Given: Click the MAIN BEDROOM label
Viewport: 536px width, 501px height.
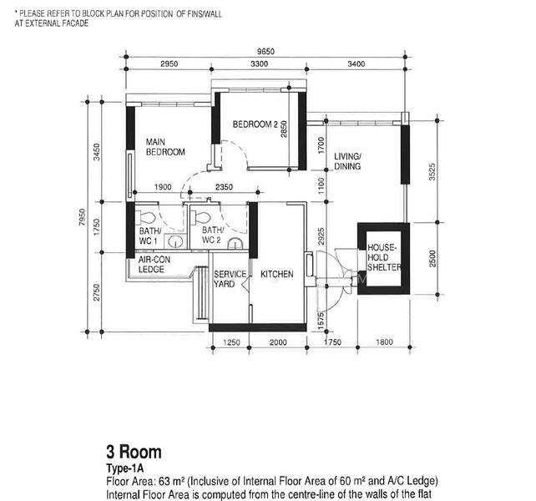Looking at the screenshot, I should pyautogui.click(x=165, y=147).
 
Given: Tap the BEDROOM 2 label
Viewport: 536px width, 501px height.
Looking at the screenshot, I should pyautogui.click(x=255, y=124).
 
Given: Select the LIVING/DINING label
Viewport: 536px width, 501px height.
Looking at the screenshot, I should pyautogui.click(x=347, y=162).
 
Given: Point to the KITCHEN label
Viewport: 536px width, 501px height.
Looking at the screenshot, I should pyautogui.click(x=276, y=275).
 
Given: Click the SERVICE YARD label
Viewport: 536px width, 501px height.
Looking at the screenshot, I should pyautogui.click(x=230, y=280).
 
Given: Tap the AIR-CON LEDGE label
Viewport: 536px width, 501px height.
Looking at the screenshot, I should pyautogui.click(x=154, y=265).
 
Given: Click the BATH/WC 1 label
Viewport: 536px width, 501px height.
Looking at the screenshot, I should pyautogui.click(x=150, y=235).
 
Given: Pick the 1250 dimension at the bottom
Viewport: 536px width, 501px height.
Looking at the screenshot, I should pyautogui.click(x=232, y=342).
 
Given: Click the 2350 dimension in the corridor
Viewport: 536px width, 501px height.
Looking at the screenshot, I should pyautogui.click(x=223, y=187).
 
